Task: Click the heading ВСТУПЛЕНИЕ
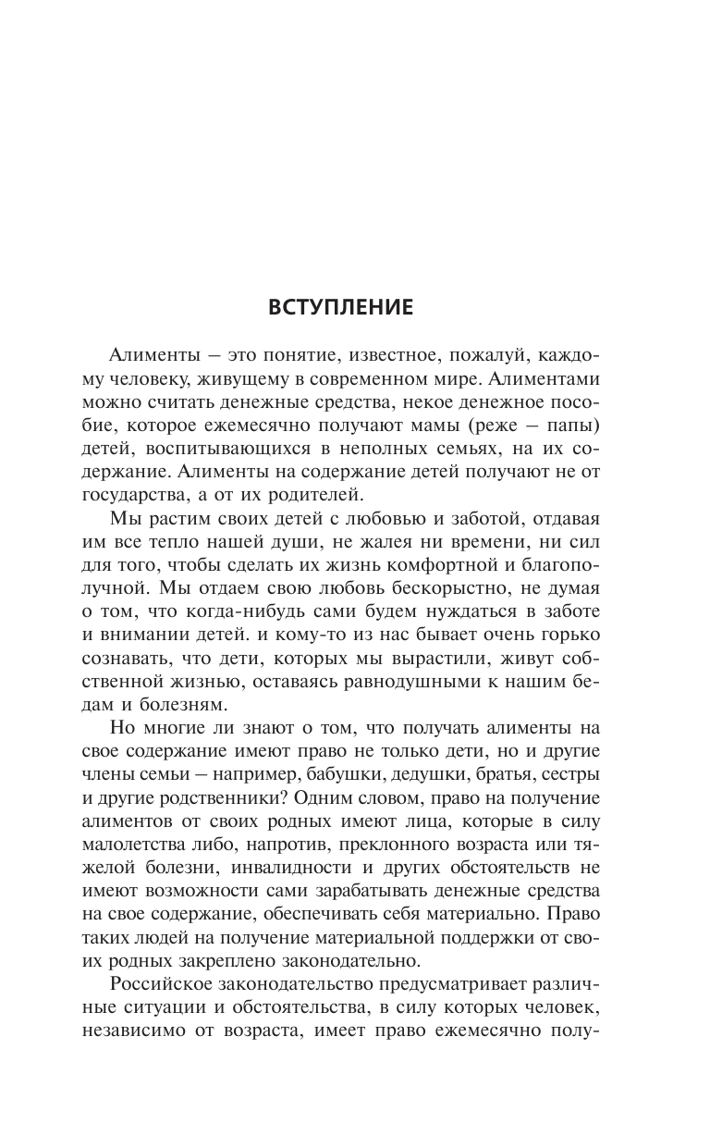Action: coord(354,307)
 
